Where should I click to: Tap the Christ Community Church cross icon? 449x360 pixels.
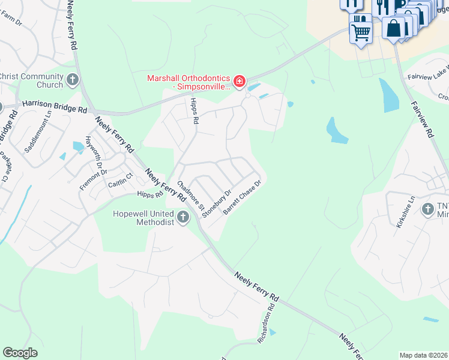[x=73, y=80]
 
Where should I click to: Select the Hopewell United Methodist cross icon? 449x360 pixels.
[x=183, y=218]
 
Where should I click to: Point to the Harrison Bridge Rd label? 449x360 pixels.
[x=54, y=106]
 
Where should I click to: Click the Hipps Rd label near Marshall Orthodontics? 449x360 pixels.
[x=194, y=112]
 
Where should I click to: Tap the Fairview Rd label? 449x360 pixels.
[x=422, y=119]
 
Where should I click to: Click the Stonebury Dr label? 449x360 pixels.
[x=217, y=203]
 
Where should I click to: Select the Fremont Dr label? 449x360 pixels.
[x=93, y=179]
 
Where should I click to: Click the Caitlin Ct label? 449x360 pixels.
[x=118, y=183]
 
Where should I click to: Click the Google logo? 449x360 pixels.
[x=20, y=352]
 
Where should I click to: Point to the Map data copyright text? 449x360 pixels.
[x=423, y=355]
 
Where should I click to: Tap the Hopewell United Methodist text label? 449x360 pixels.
[x=144, y=218]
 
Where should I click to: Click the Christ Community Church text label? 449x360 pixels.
[x=32, y=80]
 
